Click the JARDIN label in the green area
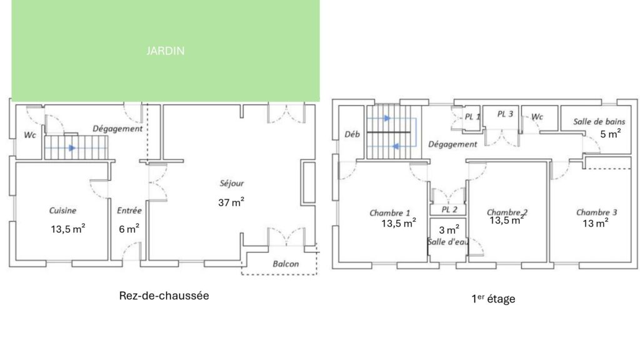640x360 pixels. tap(165, 51)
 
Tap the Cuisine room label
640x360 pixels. tap(62, 211)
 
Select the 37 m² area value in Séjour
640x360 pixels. tap(231, 202)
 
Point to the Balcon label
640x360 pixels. tap(286, 264)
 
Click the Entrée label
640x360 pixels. tap(129, 211)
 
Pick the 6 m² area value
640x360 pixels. tap(129, 229)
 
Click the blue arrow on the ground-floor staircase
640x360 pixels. tap(72, 147)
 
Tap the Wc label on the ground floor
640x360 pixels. tap(30, 135)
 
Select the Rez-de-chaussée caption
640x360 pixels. tap(164, 296)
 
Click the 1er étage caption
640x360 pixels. tap(493, 299)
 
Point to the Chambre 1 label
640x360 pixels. tap(390, 213)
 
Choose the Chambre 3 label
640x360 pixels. tap(596, 212)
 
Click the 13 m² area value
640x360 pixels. tap(596, 223)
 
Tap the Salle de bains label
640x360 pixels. tap(599, 122)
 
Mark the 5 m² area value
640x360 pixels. tap(611, 134)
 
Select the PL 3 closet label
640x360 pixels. tap(505, 114)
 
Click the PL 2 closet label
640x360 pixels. tap(449, 210)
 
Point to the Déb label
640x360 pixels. tap(352, 134)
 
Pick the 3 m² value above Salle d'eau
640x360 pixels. tap(449, 230)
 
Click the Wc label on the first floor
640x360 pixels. tap(537, 117)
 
